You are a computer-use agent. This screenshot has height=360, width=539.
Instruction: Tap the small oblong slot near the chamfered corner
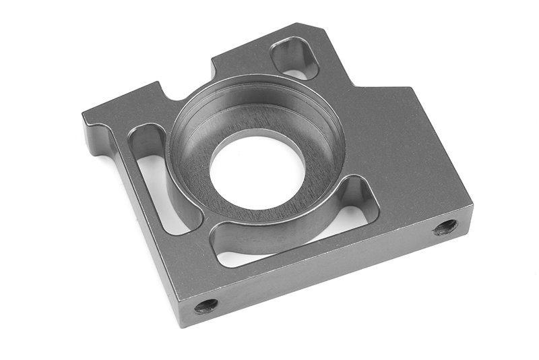click(x=294, y=58)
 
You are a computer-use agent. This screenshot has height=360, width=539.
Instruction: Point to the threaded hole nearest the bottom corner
click(x=206, y=306)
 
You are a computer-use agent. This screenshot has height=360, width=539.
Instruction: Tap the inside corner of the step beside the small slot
click(x=353, y=84)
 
